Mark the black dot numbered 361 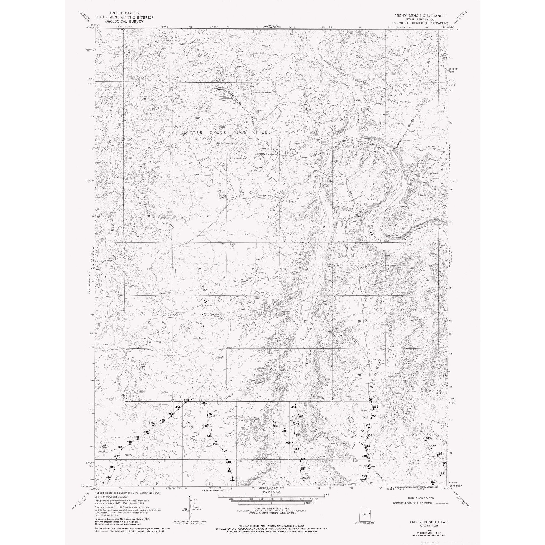[371, 402]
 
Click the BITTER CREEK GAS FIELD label [227, 132]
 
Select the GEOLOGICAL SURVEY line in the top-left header [125, 21]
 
